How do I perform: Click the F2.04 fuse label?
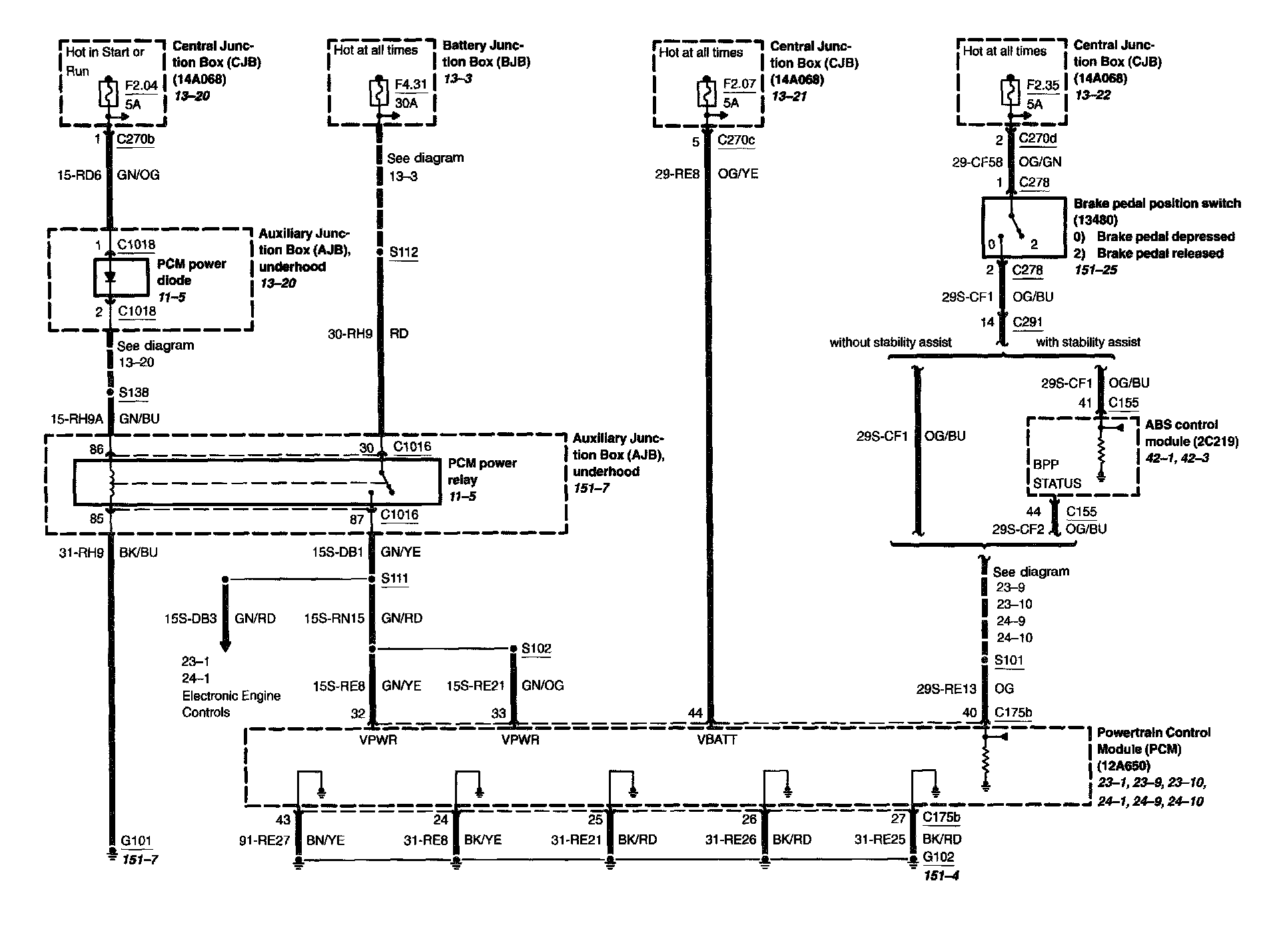coord(141,86)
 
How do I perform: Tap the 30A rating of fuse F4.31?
coord(406,103)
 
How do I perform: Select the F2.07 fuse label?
coord(739,85)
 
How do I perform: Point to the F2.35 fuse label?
coord(1043,85)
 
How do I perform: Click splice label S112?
coord(404,252)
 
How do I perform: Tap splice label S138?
coord(133,392)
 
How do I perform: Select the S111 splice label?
coord(394,579)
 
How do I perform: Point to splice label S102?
coord(536,648)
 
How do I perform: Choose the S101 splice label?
coord(1009,660)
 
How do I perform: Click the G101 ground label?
coord(137,841)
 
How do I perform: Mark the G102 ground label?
coord(938,857)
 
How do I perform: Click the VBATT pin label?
coord(717,739)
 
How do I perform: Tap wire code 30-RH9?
coord(350,334)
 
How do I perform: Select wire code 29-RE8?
coord(677,174)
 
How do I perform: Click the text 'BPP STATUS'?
coord(1057,473)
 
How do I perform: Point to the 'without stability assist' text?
coord(890,342)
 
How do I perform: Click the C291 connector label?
coord(1027,322)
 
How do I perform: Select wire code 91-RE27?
coord(264,840)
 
